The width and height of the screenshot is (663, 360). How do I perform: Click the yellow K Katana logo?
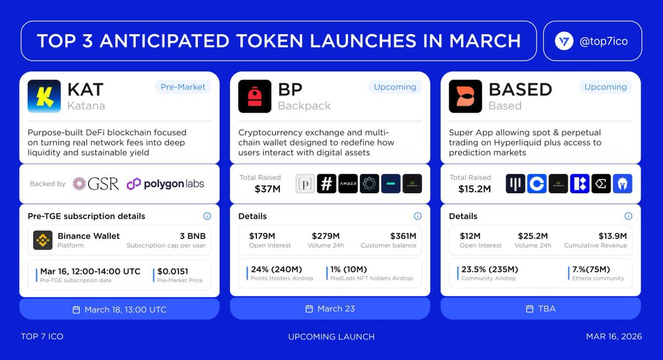point(44,96)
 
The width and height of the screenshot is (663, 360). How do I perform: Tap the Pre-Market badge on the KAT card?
point(183,87)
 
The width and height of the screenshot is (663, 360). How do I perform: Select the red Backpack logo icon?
point(255,96)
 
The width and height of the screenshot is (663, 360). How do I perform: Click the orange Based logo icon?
point(465,96)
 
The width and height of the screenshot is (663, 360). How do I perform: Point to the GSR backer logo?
point(96,184)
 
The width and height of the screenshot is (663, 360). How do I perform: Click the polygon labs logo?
point(165,184)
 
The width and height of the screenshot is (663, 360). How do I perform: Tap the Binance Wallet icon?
point(43,240)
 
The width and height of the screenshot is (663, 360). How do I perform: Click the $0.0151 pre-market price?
point(172,271)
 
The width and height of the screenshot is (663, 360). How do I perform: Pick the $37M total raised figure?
point(267,189)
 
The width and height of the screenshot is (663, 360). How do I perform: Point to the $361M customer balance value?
point(403,236)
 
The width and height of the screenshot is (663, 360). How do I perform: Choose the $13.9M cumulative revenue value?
point(612,236)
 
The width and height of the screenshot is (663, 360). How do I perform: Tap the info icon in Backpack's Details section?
point(418,216)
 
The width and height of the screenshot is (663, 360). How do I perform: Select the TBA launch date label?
point(547,309)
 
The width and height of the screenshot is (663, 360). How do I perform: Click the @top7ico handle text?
point(603,41)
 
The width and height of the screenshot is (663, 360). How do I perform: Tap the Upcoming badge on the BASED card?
point(606,87)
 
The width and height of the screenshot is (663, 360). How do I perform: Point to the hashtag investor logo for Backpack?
point(327,184)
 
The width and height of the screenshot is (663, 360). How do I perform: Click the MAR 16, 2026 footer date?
point(613,336)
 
